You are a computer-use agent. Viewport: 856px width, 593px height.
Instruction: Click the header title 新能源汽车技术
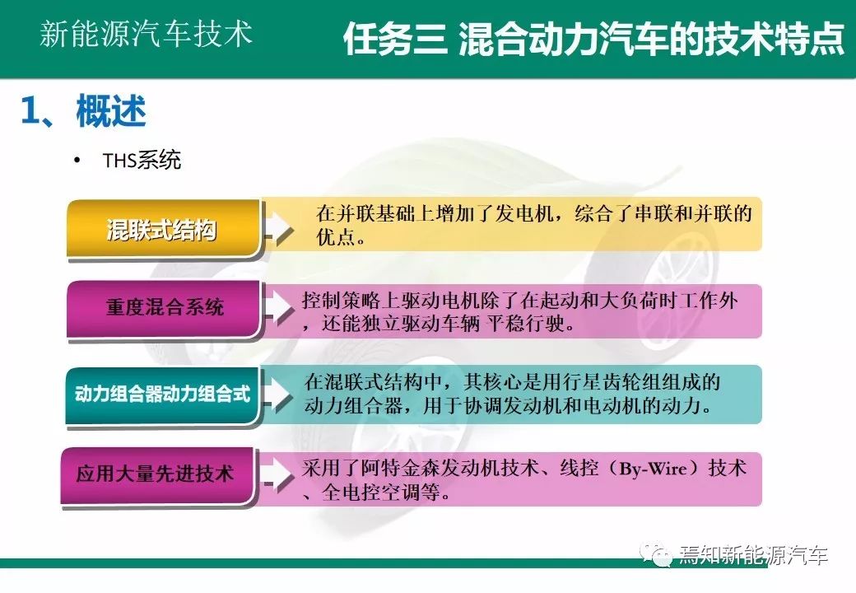146,34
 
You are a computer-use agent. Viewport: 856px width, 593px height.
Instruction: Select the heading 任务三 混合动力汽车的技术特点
594,40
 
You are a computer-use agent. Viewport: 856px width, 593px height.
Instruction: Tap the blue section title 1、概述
83,111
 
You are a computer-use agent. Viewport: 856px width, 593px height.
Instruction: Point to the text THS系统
142,160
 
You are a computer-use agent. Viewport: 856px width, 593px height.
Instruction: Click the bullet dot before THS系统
77,160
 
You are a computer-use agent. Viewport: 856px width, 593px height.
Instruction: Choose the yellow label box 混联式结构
163,228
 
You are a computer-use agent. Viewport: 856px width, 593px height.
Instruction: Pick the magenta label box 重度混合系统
163,308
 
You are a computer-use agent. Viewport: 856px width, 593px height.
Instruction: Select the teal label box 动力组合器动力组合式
161,395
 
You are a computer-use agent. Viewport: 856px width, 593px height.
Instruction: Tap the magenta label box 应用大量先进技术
157,475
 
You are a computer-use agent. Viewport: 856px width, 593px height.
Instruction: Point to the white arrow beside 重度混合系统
278,307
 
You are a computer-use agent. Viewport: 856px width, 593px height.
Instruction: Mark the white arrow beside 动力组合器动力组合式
278,393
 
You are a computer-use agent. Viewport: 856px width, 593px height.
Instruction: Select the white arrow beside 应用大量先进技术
278,474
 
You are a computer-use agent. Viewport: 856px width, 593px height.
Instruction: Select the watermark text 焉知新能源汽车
753,555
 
